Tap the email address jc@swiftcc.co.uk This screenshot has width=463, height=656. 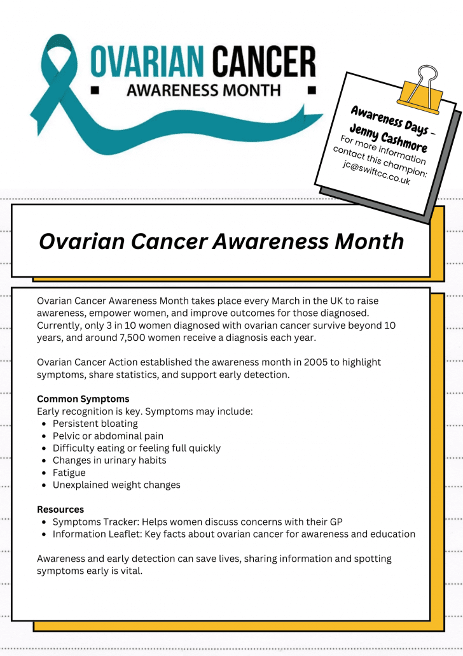[377, 173]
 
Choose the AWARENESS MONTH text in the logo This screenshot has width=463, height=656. [204, 90]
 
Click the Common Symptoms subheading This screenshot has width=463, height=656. [83, 399]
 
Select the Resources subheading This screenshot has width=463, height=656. [60, 510]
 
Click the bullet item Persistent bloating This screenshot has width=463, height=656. [95, 424]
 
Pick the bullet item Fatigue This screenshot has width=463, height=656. [69, 473]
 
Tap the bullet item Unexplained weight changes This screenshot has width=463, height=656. [116, 485]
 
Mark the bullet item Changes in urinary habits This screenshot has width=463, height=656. [109, 460]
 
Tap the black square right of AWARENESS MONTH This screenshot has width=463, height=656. [311, 90]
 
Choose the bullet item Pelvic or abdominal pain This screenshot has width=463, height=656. [108, 436]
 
